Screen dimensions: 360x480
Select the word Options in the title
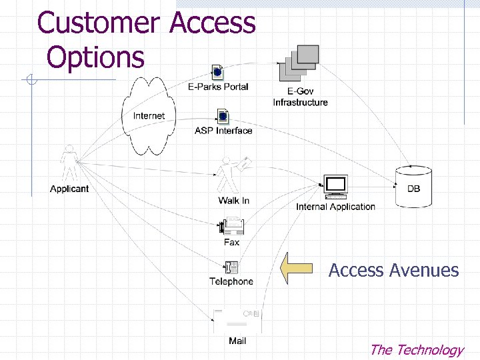pos(95,57)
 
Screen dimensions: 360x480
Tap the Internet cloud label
pos(149,116)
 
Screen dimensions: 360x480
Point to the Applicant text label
pos(69,189)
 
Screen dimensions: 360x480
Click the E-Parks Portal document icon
pos(217,72)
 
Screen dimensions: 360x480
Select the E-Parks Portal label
pos(218,87)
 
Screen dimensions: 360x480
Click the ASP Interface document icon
pos(223,117)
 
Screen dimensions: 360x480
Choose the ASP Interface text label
pos(223,131)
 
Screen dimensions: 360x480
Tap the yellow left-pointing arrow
pos(297,269)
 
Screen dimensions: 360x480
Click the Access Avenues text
pos(393,270)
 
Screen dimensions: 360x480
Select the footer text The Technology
pos(416,349)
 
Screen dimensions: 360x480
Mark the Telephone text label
pos(231,281)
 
